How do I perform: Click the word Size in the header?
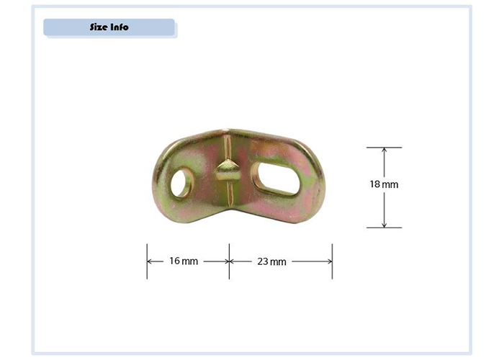click(x=99, y=27)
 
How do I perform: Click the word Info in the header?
click(x=120, y=27)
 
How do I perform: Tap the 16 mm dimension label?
click(x=184, y=261)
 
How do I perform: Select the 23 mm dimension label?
click(x=271, y=261)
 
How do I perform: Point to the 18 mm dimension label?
click(x=384, y=184)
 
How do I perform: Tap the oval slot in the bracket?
click(x=276, y=179)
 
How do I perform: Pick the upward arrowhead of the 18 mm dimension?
click(x=384, y=150)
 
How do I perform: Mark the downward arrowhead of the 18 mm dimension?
click(x=384, y=225)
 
